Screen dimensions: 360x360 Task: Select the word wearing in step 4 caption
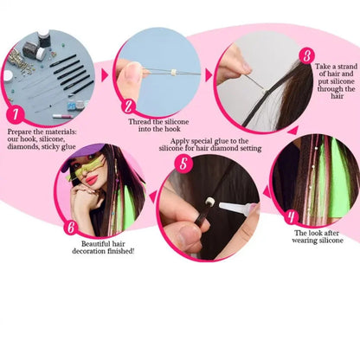pyautogui.click(x=313, y=242)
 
